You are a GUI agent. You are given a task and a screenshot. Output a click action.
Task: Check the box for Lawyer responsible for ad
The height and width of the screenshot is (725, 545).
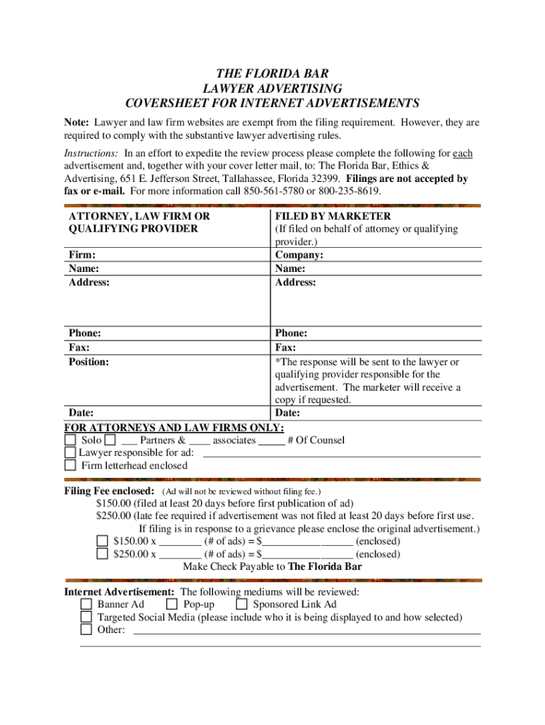(x=70, y=453)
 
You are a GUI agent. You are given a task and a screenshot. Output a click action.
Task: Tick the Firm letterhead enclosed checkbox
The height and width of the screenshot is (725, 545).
(x=70, y=466)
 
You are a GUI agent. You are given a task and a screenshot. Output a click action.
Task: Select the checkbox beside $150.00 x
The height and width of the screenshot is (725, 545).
(x=102, y=542)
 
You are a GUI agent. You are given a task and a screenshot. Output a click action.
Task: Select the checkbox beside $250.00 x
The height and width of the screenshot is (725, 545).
(x=102, y=554)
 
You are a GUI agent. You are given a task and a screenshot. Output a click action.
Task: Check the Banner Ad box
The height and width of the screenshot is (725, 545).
(x=86, y=605)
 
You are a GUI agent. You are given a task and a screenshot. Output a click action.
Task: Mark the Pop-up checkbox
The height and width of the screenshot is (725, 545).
(x=171, y=605)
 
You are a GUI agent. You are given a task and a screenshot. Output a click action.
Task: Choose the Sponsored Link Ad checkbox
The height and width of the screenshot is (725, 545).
(x=241, y=605)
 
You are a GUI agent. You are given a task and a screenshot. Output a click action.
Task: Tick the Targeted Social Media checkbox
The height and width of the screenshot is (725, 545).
(x=86, y=617)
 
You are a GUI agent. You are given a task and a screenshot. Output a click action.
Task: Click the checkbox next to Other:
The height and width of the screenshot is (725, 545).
(x=86, y=630)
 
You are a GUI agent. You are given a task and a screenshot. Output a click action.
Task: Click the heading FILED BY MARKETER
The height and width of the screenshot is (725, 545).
(x=333, y=216)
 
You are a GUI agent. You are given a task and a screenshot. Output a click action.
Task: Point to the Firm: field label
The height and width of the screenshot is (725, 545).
(x=82, y=255)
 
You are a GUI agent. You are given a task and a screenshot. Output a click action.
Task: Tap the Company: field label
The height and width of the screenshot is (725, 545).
(x=299, y=255)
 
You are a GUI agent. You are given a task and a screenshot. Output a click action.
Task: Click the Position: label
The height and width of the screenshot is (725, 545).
(x=88, y=362)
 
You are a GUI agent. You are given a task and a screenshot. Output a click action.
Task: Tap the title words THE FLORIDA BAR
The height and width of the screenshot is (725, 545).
(x=272, y=74)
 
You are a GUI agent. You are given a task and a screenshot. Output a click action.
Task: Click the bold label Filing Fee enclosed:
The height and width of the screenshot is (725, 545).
(x=109, y=491)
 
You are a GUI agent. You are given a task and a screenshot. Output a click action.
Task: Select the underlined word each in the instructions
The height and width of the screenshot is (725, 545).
(x=462, y=153)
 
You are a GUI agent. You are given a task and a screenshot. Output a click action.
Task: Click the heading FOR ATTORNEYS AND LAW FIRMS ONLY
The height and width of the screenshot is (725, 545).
(x=174, y=428)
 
